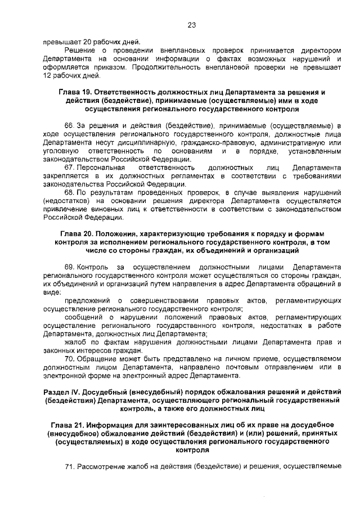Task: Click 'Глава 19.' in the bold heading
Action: coord(75,92)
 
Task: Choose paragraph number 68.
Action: coord(69,192)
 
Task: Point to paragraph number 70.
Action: coord(69,359)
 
